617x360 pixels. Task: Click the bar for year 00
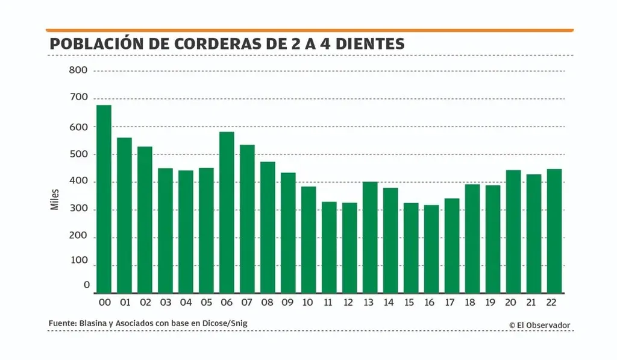point(104,199)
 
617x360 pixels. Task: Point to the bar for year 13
point(370,238)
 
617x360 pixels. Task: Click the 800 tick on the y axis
point(81,70)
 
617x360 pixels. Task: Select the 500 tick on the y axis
point(81,154)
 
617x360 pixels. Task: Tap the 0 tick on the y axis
point(86,285)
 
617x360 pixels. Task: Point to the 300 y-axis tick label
point(81,209)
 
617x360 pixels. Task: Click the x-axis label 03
point(165,303)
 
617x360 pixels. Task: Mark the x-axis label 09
point(288,303)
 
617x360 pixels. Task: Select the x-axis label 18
point(472,303)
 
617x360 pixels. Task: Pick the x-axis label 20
point(513,303)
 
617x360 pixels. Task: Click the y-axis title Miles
point(55,199)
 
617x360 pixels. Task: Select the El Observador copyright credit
point(539,326)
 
